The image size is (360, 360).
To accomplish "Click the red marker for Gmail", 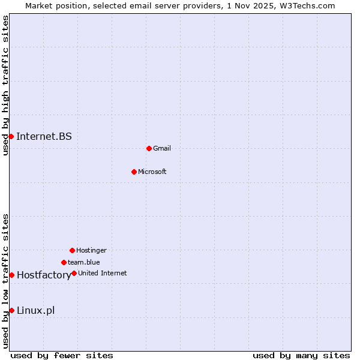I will (x=149, y=148).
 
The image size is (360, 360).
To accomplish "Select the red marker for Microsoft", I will (x=134, y=172).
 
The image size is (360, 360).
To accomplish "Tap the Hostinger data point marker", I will (x=72, y=250).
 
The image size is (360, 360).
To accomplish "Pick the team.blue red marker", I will (x=64, y=262).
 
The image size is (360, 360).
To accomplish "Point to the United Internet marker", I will (x=74, y=273).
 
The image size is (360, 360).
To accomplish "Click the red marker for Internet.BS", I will (x=11, y=136).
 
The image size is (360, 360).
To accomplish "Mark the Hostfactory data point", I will (x=11, y=275).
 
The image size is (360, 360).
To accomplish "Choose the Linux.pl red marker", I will (x=11, y=310).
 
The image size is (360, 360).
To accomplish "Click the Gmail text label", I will (x=162, y=148).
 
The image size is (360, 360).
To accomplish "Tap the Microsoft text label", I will (x=152, y=172).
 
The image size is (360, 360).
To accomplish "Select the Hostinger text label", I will (x=91, y=250).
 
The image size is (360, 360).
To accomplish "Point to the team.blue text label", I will (x=84, y=262).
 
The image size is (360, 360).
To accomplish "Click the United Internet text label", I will (x=103, y=273).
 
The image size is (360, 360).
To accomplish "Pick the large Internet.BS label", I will (x=44, y=136).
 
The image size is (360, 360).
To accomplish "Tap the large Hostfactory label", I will (x=44, y=275).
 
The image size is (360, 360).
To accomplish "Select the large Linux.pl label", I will (x=35, y=310).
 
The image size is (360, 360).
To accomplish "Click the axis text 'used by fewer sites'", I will (x=62, y=355).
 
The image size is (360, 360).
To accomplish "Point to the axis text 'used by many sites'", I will (x=301, y=355).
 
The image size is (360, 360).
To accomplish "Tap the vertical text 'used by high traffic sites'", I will (x=5, y=85).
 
